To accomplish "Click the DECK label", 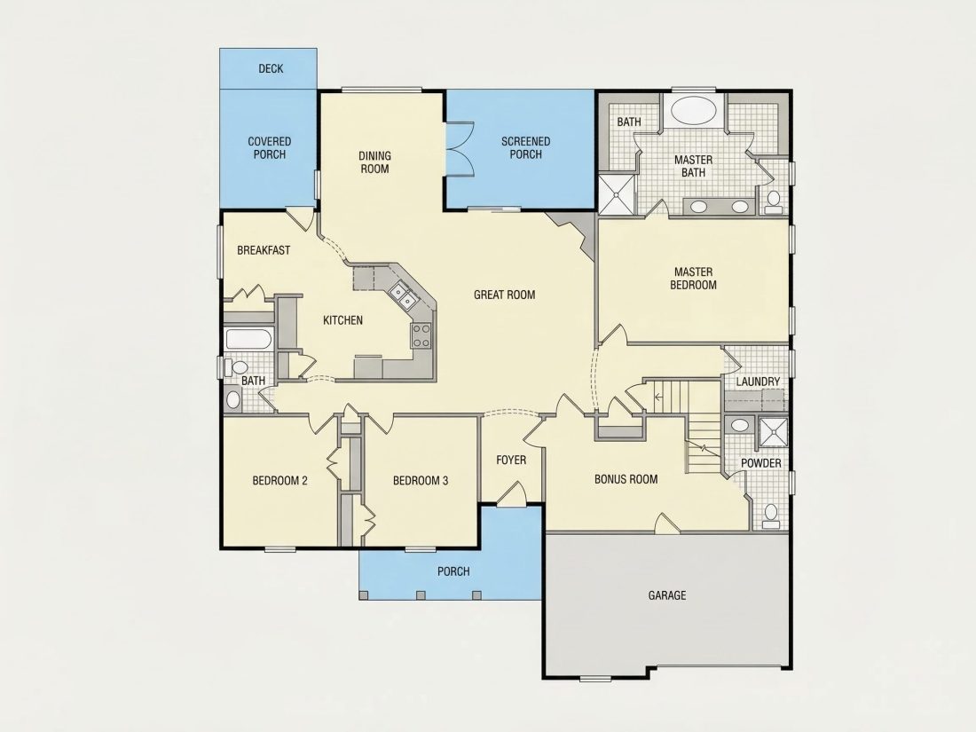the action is [x=271, y=68].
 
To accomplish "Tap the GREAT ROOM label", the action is [x=504, y=295].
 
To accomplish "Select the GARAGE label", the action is [x=667, y=595].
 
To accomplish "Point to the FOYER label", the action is [x=511, y=460].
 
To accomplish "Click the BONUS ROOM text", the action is [x=626, y=478].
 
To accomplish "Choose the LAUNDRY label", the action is [x=758, y=381].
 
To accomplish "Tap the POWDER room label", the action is [x=760, y=463].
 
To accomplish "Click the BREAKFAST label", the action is [x=264, y=250].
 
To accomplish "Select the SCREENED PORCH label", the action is [x=525, y=148].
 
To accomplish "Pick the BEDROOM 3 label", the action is [x=421, y=481].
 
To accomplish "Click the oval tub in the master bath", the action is [x=694, y=109].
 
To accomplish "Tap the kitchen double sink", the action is [x=402, y=295].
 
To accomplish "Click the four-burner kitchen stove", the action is [x=421, y=335].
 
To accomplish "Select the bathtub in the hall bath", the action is [x=248, y=339].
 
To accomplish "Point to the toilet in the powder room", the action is [x=772, y=516].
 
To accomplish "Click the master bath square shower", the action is [x=617, y=193].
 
